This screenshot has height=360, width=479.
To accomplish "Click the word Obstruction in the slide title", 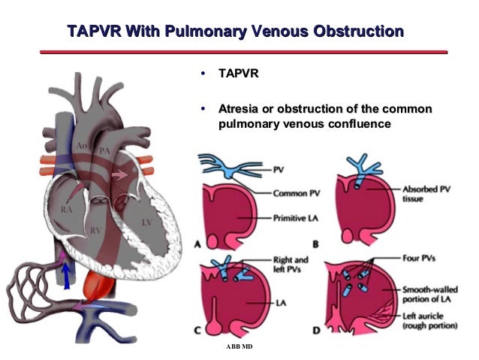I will [x=353, y=32].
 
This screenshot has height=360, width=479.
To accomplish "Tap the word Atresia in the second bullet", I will [x=240, y=110].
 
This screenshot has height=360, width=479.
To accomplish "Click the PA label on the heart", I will [x=105, y=151].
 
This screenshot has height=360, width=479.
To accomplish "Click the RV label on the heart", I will [x=96, y=228].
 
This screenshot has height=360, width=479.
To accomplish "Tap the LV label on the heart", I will [x=147, y=222].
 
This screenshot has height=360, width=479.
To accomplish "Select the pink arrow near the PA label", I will [x=119, y=175].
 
